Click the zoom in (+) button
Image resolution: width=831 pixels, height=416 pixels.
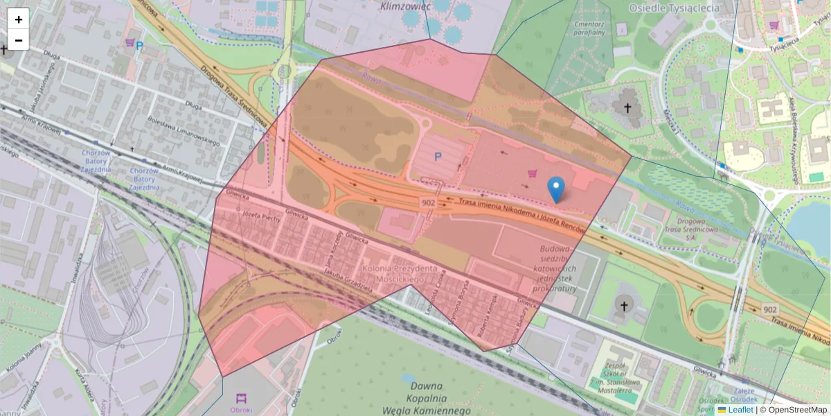[19, 19]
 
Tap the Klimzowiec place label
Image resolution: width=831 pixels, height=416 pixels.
[406, 6]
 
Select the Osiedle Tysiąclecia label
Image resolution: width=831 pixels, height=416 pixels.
[674, 8]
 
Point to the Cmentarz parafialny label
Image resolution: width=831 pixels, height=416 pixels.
[590, 27]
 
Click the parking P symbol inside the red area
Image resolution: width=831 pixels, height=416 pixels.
[438, 157]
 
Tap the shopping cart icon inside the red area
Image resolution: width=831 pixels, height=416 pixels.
[533, 173]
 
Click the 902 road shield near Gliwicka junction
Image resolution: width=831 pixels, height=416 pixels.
[427, 201]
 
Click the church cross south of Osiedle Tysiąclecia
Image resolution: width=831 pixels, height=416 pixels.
[628, 107]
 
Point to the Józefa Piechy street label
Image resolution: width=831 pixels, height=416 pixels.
[261, 215]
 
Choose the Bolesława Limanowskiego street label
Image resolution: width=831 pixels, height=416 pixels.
[184, 132]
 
